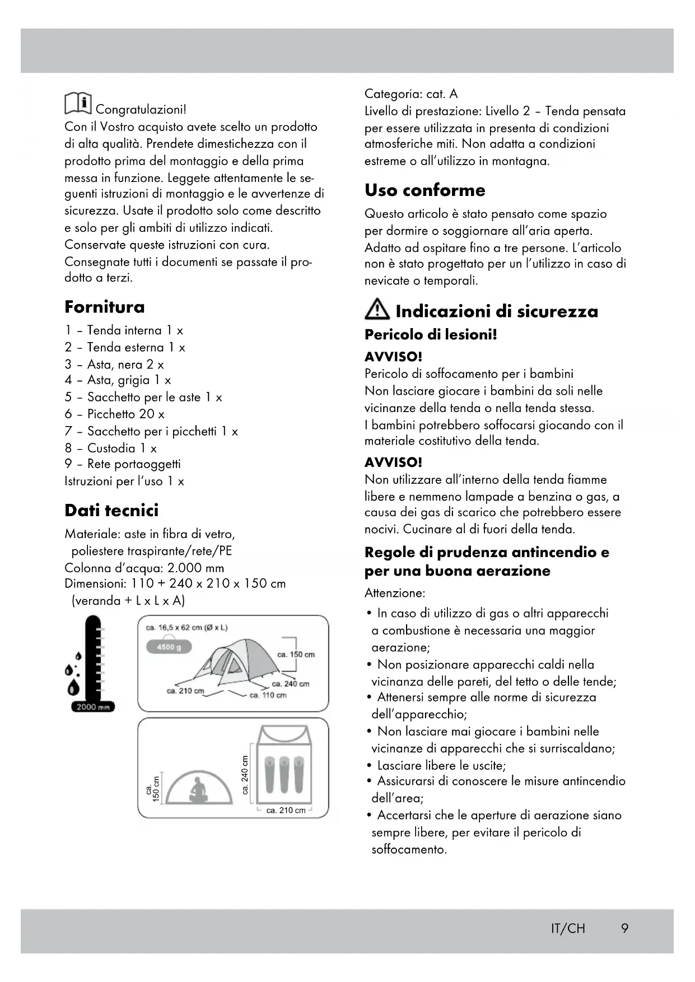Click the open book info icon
pyautogui.click(x=78, y=103)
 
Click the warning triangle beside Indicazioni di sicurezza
pyautogui.click(x=377, y=309)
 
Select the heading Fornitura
pyautogui.click(x=104, y=307)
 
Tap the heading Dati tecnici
pyautogui.click(x=111, y=510)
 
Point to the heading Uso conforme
pyautogui.click(x=425, y=190)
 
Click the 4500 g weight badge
pyautogui.click(x=169, y=647)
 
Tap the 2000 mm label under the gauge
pyautogui.click(x=93, y=707)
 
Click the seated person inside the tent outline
pyautogui.click(x=198, y=789)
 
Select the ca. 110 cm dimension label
pyautogui.click(x=268, y=695)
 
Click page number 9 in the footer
pyautogui.click(x=624, y=928)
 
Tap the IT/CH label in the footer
pyautogui.click(x=567, y=928)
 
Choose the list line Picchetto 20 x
pyautogui.click(x=115, y=414)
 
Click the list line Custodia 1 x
pyautogui.click(x=111, y=448)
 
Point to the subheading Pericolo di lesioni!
pyautogui.click(x=430, y=335)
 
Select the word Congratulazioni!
pyautogui.click(x=141, y=109)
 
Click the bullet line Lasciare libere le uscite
pyautogui.click(x=441, y=765)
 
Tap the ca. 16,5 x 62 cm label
pyautogui.click(x=186, y=628)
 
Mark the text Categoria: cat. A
pyautogui.click(x=411, y=93)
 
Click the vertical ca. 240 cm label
pyautogui.click(x=245, y=774)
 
